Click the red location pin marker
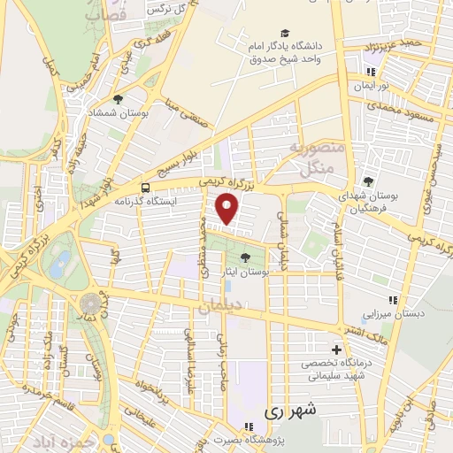[x=228, y=210]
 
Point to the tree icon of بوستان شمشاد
[x=118, y=99]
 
